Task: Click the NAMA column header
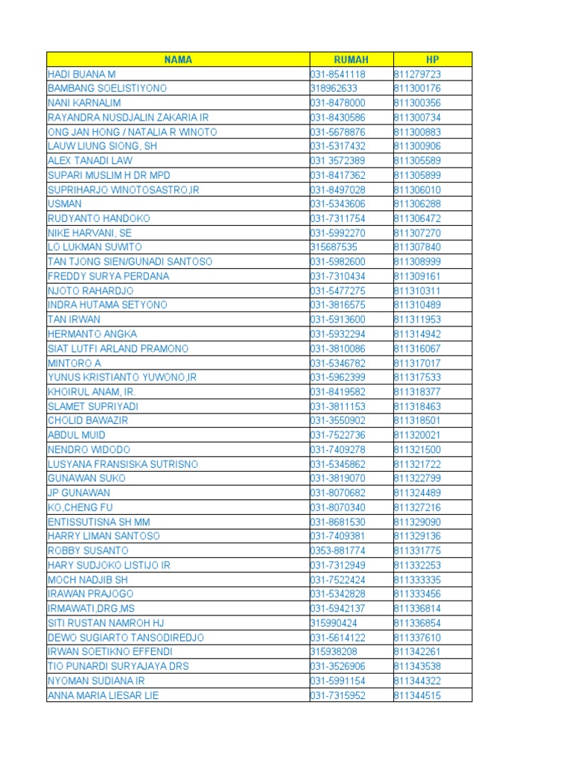tap(178, 60)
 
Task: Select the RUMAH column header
tap(351, 60)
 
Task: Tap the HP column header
tap(433, 60)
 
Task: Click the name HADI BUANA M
tap(82, 74)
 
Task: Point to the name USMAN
tap(65, 203)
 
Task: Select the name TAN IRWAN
tap(73, 319)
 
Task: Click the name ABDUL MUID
tap(77, 434)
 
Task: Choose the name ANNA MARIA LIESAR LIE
tap(104, 695)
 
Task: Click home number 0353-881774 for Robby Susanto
tap(338, 551)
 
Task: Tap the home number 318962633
tap(334, 88)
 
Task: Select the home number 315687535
tap(334, 247)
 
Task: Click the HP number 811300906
tap(417, 146)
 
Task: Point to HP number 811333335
tap(417, 579)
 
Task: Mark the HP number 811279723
tap(417, 74)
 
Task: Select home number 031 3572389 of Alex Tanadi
tap(338, 160)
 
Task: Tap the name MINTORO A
tap(74, 362)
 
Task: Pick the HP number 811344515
tap(417, 695)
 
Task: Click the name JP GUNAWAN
tap(79, 493)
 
